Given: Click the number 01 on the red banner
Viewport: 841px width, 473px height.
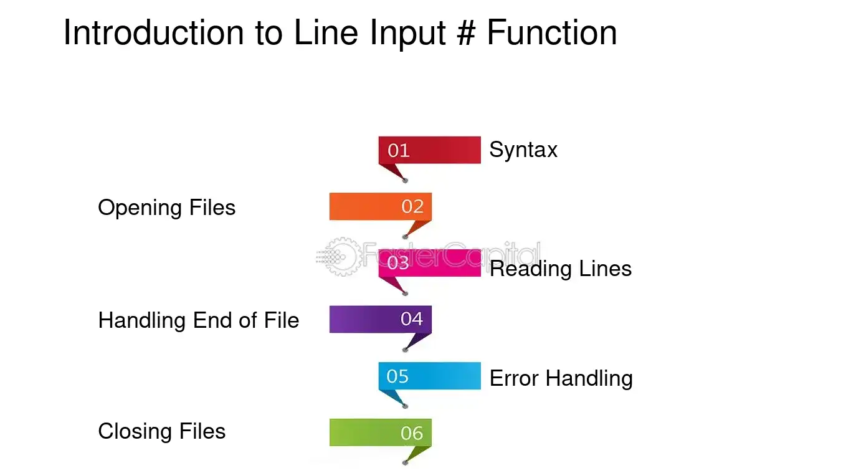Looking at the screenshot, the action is coord(398,151).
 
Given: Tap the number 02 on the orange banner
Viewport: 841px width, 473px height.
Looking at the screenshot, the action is coord(412,206).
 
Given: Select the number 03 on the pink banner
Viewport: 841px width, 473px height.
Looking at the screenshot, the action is coord(398,262).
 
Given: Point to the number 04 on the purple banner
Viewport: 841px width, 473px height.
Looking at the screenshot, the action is coord(412,319).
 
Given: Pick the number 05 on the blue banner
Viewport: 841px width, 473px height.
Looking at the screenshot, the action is coord(397,376).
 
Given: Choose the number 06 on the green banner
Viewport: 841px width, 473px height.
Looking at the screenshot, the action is coord(412,433).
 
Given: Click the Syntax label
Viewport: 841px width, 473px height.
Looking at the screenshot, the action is coord(523,150).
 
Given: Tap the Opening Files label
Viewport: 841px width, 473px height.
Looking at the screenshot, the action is coord(167,208).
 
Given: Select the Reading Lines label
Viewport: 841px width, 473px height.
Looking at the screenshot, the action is coord(561,269).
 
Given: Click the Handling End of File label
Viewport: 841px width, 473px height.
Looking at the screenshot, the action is coord(199,320).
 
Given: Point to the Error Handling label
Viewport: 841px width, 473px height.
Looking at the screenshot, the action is coord(561,378).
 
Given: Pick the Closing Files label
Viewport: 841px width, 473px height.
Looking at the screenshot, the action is coord(162,431).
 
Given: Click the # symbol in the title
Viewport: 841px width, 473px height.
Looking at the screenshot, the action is coord(467,32).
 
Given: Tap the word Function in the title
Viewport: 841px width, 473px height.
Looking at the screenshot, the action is coord(552,32).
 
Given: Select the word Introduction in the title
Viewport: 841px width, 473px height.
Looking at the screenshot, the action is coord(154,32).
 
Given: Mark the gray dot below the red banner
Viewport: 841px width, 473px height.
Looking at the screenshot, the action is coord(405,181).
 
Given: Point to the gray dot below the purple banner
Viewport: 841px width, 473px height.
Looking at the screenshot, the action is coord(405,350).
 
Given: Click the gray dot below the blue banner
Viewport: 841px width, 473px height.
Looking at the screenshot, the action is coord(405,406).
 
